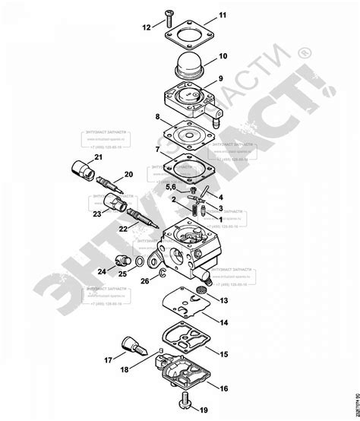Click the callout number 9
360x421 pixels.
point(219,78)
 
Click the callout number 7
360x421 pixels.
point(156,150)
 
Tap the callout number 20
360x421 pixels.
point(128,175)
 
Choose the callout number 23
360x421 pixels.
point(97,214)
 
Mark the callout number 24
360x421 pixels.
point(102,271)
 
